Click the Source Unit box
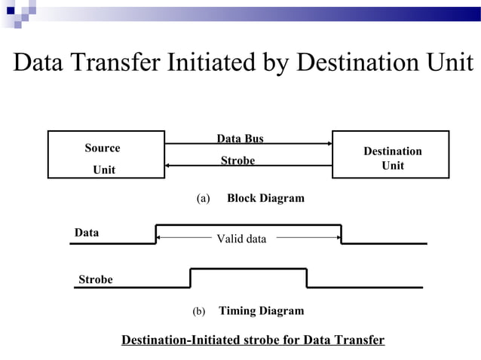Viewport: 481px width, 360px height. pos(106,154)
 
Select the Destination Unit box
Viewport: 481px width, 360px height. pos(391,154)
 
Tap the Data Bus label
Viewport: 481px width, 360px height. pos(240,139)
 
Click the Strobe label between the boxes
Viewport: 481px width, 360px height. pos(237,160)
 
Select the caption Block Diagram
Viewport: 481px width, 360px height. pos(265,198)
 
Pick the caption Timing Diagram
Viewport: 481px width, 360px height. pos(261,310)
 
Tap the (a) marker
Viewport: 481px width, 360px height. pos(201,199)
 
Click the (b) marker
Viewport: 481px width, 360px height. pos(198,311)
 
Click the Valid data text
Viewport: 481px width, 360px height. pos(241,239)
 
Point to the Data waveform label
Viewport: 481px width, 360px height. pos(87,233)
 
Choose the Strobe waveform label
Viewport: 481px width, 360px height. pos(96,279)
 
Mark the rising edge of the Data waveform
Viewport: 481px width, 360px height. pos(156,234)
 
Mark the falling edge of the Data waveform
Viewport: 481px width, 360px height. pos(341,234)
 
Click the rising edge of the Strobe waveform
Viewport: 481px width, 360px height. pos(190,278)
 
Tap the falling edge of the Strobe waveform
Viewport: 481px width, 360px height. pos(307,278)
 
